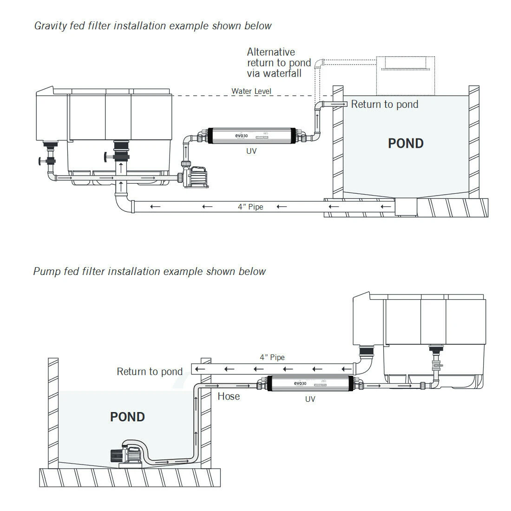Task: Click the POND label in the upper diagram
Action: point(406,143)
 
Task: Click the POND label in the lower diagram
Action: point(127,417)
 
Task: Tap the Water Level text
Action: point(251,92)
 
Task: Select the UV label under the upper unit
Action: point(251,151)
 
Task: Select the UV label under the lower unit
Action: point(310,399)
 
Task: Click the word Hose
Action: point(229,396)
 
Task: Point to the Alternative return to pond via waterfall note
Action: point(279,63)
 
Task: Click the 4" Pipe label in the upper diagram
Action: point(250,207)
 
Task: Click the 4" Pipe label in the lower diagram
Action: point(272,358)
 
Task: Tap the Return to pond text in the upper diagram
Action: point(384,104)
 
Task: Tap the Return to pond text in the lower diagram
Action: point(150,371)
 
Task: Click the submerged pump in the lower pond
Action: point(125,454)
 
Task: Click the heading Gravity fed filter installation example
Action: point(153,26)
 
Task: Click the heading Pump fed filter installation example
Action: point(149,271)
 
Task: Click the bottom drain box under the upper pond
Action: point(405,207)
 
